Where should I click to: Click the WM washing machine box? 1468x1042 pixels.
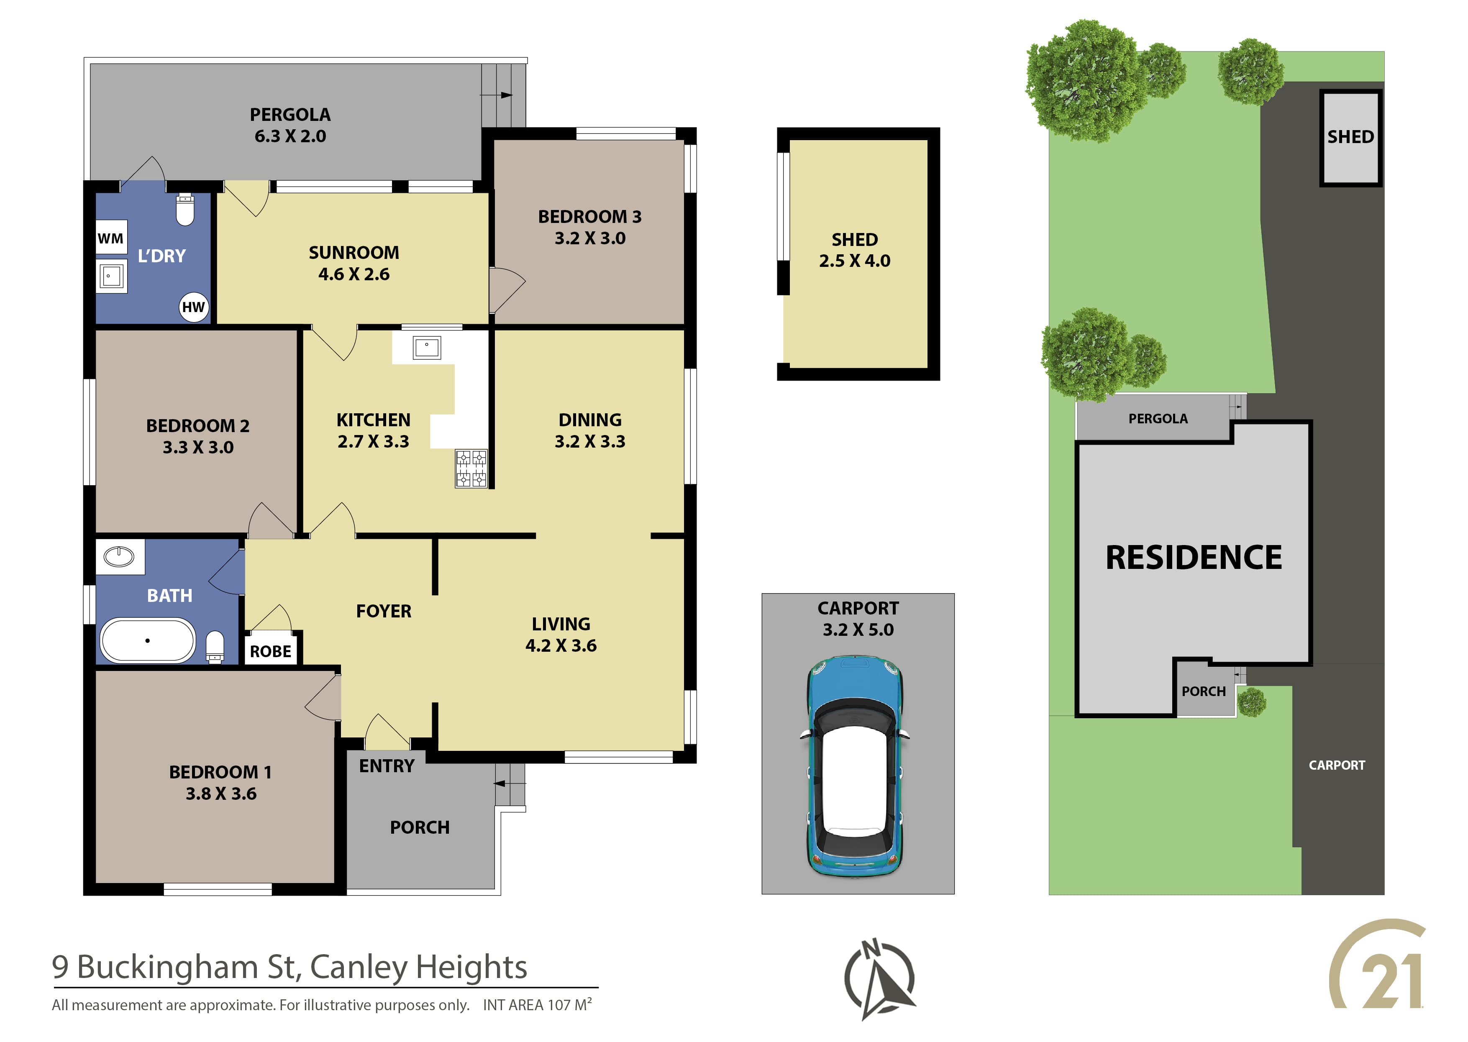pyautogui.click(x=111, y=238)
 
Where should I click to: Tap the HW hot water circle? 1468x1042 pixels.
pyautogui.click(x=193, y=307)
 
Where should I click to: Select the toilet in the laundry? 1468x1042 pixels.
pyautogui.click(x=185, y=209)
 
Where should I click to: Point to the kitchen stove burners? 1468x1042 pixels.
pyautogui.click(x=471, y=469)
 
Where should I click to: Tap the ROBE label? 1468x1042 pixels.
pyautogui.click(x=270, y=651)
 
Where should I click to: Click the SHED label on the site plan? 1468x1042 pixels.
pyautogui.click(x=1350, y=137)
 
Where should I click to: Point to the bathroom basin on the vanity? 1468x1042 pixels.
pyautogui.click(x=119, y=556)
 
